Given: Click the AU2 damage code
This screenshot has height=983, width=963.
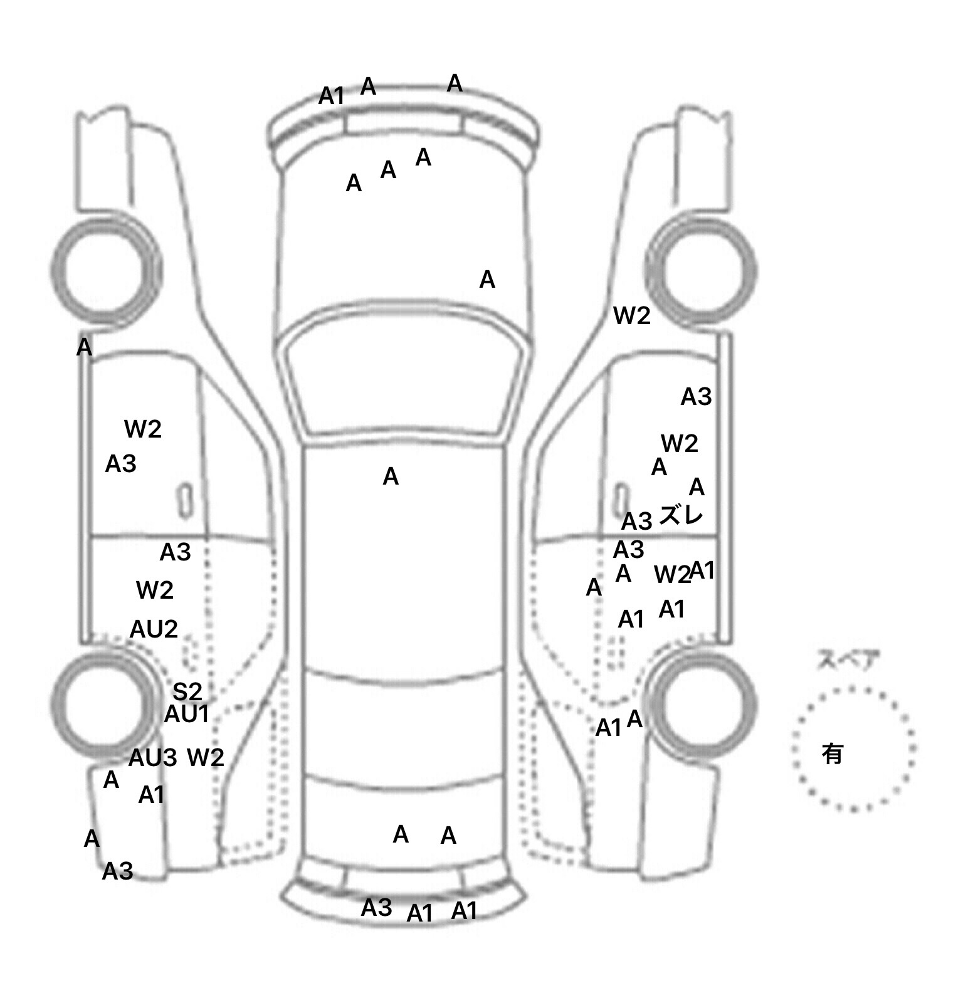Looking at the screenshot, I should click(154, 629).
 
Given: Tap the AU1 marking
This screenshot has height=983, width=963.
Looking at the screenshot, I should click(186, 714).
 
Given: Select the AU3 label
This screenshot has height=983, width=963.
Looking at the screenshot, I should click(152, 758).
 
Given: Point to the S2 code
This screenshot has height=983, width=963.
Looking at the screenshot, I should click(187, 691).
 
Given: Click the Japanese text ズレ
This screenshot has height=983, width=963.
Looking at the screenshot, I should click(681, 516).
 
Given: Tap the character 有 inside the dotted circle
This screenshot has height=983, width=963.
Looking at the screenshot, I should click(832, 754).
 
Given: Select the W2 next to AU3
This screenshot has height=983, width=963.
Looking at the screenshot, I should click(206, 758).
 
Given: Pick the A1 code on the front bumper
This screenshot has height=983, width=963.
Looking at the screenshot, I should click(332, 97).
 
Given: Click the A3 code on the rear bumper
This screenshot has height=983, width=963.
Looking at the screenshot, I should click(376, 907).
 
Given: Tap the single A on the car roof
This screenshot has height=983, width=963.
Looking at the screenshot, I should click(391, 477).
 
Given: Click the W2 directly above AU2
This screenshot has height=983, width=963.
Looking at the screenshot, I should click(154, 590).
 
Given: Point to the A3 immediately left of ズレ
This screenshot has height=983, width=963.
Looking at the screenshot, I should click(636, 521).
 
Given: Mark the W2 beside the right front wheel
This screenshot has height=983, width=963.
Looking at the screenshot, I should click(632, 316).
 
